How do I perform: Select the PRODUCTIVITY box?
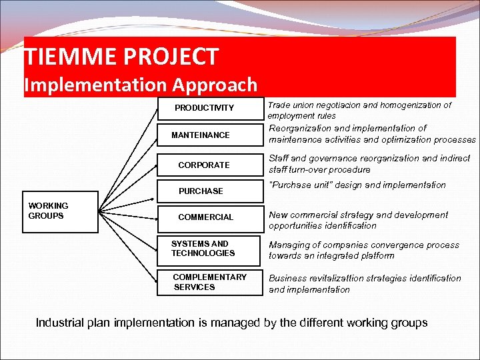click(204, 108)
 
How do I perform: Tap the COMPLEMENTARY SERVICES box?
click(209, 282)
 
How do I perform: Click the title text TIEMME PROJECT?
click(121, 57)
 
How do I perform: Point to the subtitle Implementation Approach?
click(140, 85)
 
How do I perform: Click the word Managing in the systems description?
click(287, 245)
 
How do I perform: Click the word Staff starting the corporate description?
click(279, 158)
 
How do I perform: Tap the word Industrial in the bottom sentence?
click(59, 323)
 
